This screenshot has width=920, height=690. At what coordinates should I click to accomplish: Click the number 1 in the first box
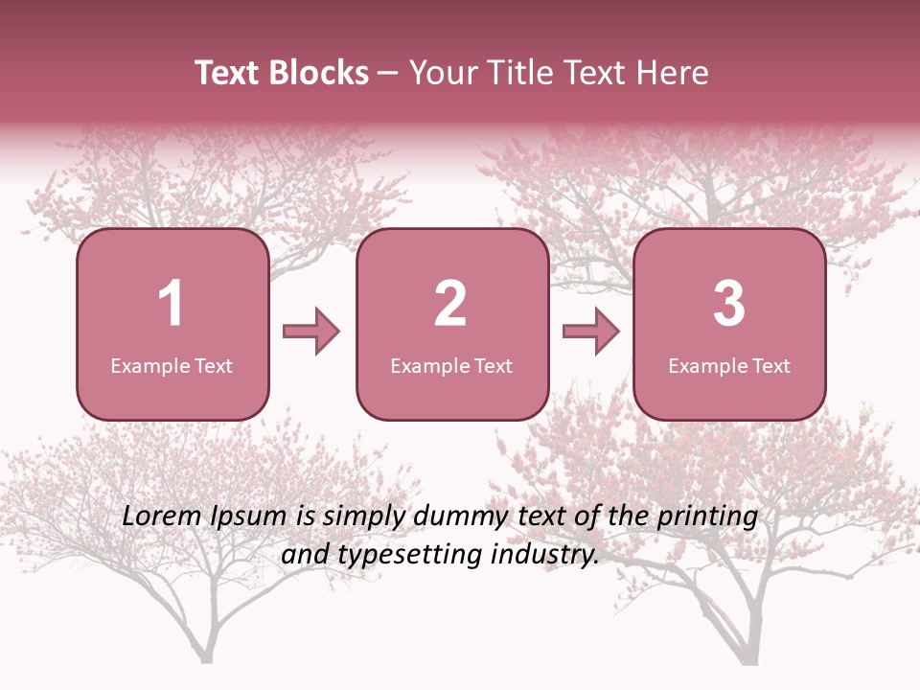pos(172,304)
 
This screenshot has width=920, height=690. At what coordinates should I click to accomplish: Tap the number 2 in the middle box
pos(450,304)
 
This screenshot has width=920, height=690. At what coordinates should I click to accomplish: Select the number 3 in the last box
pos(729,304)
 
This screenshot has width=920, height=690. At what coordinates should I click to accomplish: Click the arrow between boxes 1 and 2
pos(311,332)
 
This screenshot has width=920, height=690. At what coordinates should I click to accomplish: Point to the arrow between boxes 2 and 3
pos(591,332)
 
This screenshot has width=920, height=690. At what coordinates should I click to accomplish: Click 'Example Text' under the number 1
pos(172,366)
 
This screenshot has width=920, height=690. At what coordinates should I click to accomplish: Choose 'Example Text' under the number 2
pos(451,366)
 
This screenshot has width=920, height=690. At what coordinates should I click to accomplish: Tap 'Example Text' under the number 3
pos(729,366)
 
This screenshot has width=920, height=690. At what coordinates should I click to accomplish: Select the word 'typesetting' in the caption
pos(409,555)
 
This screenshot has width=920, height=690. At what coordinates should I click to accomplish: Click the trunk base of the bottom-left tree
pos(205,655)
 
